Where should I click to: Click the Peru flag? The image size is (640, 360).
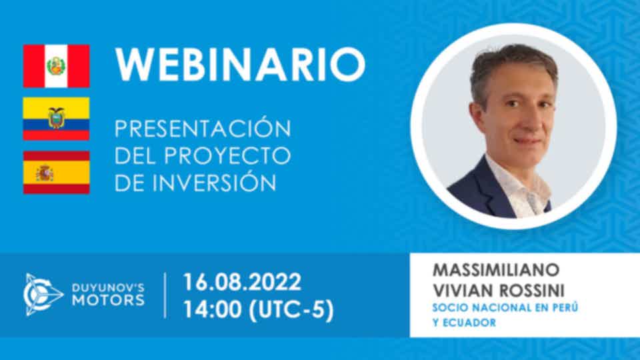(56, 66)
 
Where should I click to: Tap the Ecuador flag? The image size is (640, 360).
(56, 119)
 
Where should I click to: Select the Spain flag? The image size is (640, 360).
(56, 172)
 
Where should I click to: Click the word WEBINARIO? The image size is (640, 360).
(241, 65)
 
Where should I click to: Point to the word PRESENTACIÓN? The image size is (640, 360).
(203, 128)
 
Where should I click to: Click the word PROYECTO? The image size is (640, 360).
(227, 155)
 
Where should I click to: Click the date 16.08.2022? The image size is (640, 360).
(242, 282)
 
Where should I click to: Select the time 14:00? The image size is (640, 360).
(213, 309)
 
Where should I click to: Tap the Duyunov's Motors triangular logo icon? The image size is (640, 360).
(42, 294)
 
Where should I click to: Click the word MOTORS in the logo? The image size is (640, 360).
(108, 301)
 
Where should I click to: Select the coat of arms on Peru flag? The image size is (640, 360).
(56, 66)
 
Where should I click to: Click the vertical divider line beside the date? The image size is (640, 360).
(165, 295)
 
